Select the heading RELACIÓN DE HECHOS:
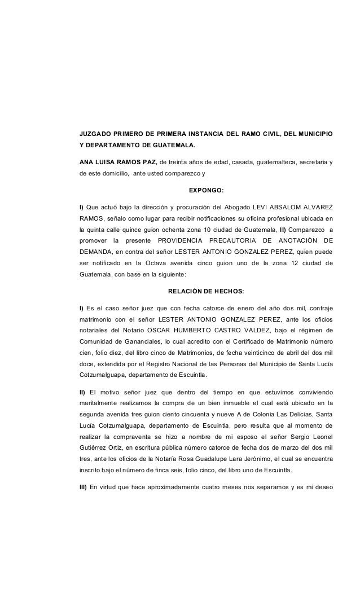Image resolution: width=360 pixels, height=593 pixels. point(206,291)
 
